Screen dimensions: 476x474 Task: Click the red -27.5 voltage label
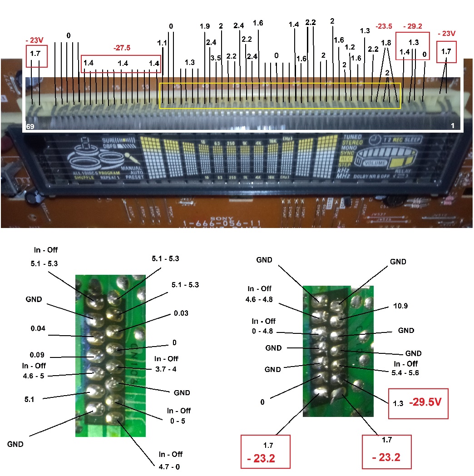[122, 48]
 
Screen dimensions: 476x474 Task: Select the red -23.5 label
[384, 26]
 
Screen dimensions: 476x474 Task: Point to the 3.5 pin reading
[216, 58]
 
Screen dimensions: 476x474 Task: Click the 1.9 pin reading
[205, 26]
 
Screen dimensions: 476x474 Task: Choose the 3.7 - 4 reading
[165, 369]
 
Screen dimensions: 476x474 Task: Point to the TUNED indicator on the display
[353, 137]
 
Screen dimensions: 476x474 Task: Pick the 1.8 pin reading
[386, 43]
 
